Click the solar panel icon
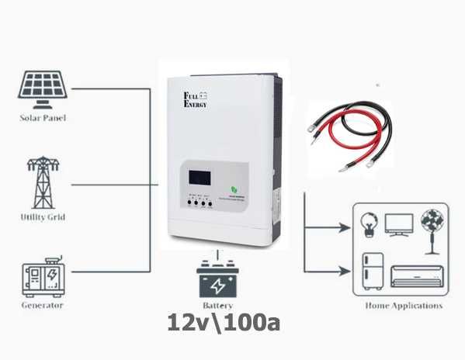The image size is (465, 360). [43, 89]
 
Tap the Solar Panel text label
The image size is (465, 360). [43, 118]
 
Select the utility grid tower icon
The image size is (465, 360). [42, 182]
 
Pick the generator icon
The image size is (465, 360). [43, 275]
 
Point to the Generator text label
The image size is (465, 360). [43, 306]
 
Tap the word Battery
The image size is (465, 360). [218, 307]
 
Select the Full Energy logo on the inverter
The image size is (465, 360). [195, 99]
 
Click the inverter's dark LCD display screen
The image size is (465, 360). [196, 177]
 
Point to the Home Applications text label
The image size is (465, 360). [404, 306]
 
